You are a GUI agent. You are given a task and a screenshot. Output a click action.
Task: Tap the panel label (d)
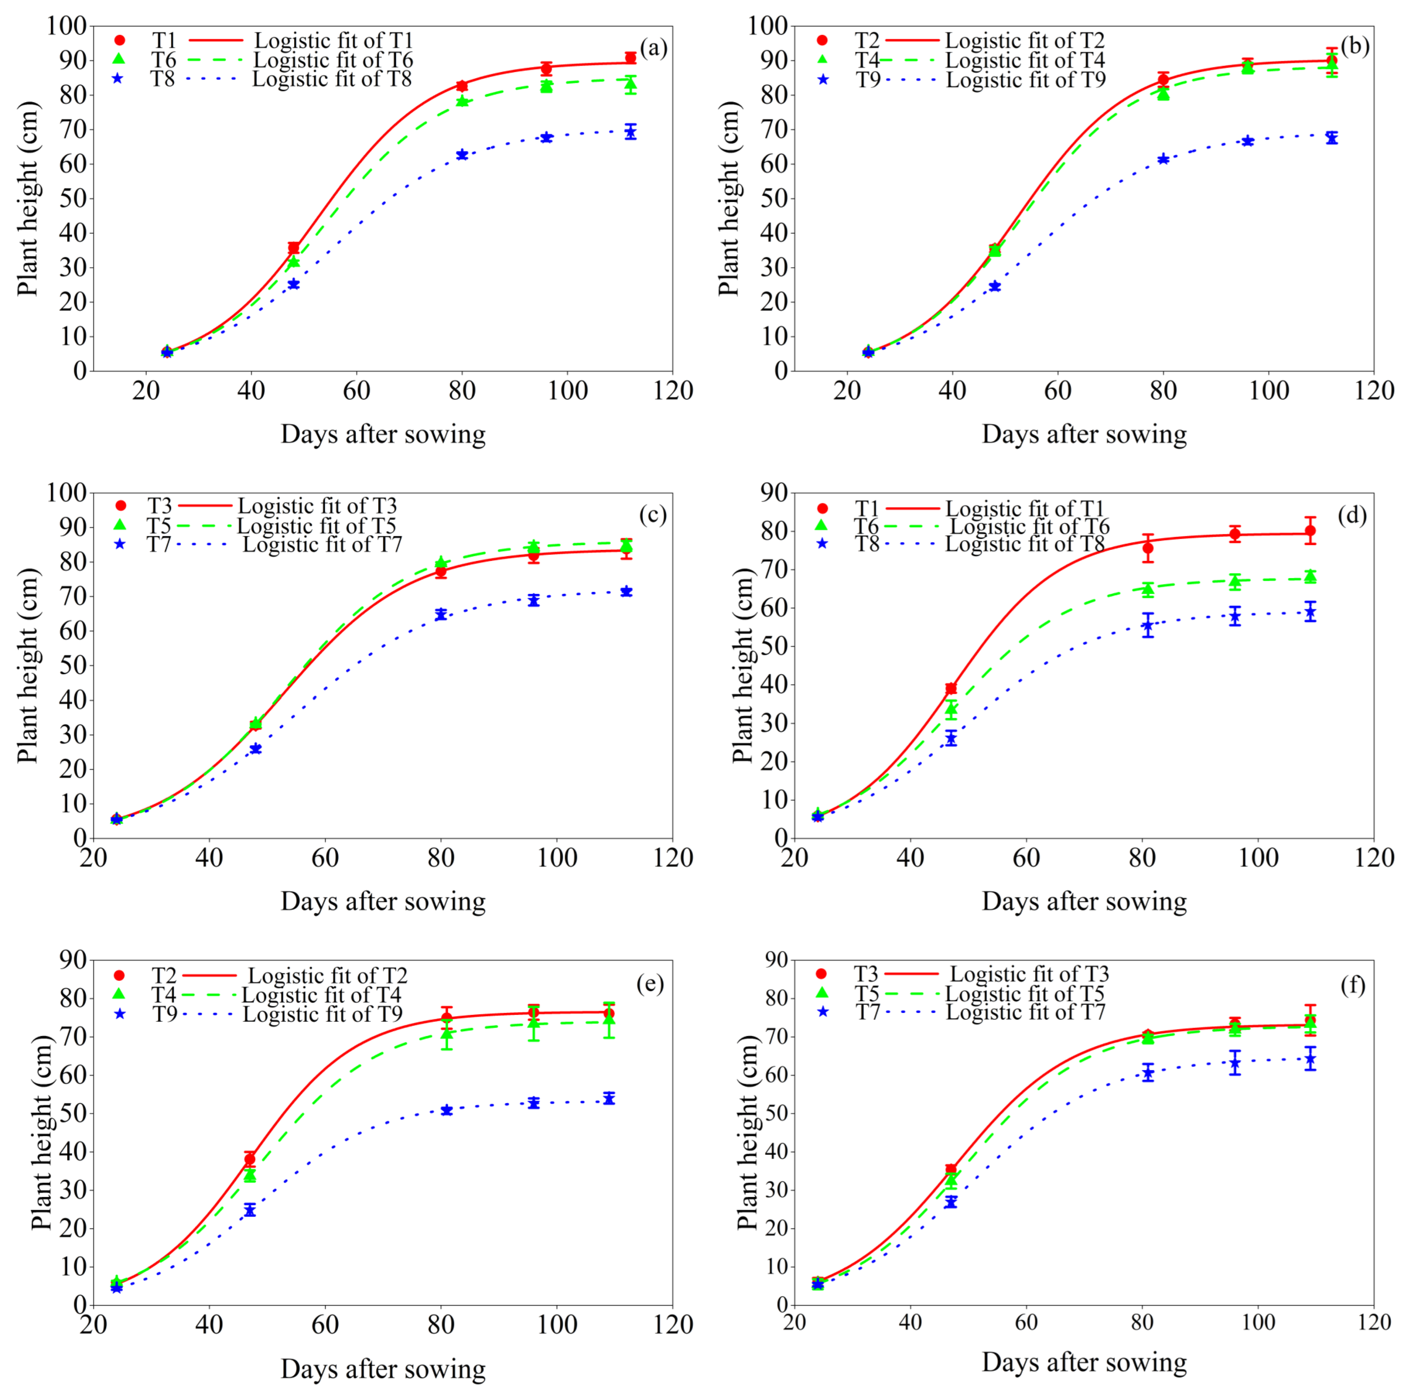coord(1352,515)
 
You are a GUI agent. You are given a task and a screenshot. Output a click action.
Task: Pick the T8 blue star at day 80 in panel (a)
coord(461,155)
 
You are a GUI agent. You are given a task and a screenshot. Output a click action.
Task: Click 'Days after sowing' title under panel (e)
coord(383,1369)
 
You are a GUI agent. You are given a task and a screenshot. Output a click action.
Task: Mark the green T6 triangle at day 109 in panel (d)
coord(1310,577)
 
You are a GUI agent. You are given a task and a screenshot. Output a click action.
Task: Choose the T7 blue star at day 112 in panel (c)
coord(626,592)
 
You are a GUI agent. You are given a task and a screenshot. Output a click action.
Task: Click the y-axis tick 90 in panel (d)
coord(773,493)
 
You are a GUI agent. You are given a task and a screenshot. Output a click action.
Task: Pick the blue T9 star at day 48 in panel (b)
coord(995,286)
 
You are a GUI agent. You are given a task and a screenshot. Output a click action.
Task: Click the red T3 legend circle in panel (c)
coord(121,506)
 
